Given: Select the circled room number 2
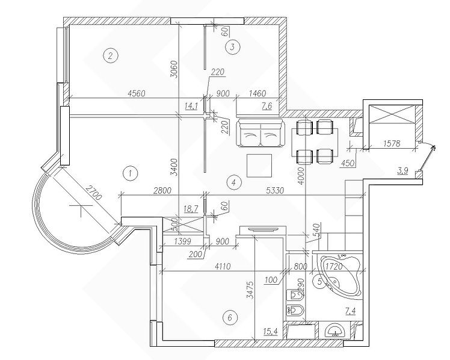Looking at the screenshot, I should pyautogui.click(x=109, y=56).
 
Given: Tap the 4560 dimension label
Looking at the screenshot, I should pyautogui.click(x=138, y=93).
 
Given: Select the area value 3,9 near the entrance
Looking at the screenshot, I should pyautogui.click(x=404, y=172).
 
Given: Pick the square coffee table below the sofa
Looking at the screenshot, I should pyautogui.click(x=260, y=165).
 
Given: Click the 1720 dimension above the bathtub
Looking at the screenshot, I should pyautogui.click(x=334, y=264).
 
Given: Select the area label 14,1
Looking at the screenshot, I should pyautogui.click(x=191, y=106).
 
